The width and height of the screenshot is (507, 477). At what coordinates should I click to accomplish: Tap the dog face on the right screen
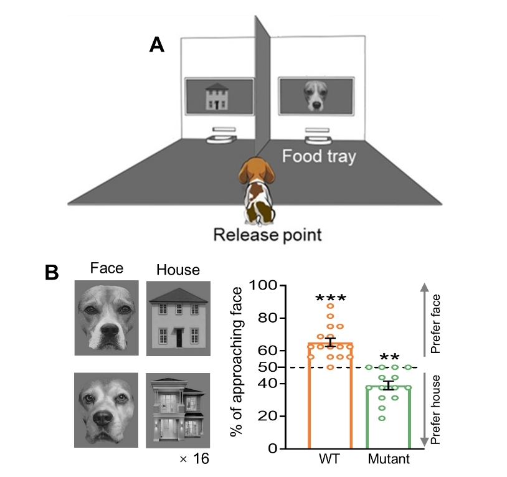(x=315, y=95)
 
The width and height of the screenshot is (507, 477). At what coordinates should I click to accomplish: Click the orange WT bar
(x=330, y=399)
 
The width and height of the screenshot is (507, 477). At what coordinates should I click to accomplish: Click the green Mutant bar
(x=389, y=417)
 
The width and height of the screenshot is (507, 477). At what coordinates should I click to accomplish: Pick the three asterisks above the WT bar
(x=330, y=298)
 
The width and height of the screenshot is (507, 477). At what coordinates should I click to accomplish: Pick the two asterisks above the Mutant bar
(x=389, y=358)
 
